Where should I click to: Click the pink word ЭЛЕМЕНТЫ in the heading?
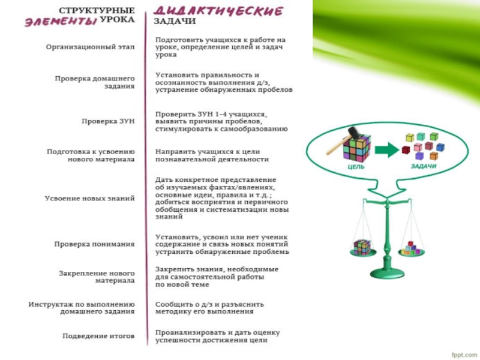(61, 22)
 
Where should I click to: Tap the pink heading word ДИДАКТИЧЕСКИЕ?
(218, 11)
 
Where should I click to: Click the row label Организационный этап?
(91, 47)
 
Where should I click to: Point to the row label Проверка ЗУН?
(108, 121)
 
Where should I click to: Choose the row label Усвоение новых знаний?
(89, 198)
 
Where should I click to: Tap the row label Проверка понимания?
(94, 244)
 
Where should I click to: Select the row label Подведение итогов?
(98, 335)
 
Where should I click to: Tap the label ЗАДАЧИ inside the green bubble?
(424, 166)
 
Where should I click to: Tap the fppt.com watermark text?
(464, 353)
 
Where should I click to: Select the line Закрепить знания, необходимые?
(217, 269)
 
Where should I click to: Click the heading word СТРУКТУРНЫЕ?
(97, 10)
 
